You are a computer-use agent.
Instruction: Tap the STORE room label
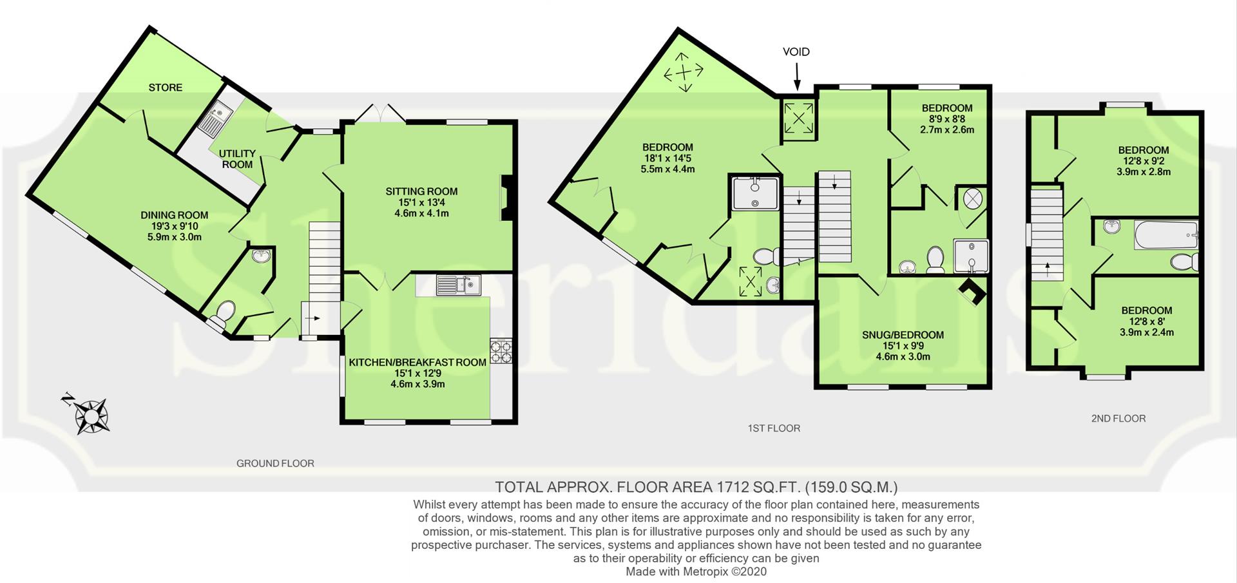(166, 88)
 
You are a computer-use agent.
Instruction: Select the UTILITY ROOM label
(237, 158)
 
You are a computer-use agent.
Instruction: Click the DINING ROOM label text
(175, 215)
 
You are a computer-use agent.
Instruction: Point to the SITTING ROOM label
(421, 191)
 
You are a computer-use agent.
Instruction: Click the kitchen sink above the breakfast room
(458, 285)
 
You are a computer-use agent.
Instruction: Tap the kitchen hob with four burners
(501, 351)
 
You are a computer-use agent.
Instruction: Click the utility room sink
(215, 119)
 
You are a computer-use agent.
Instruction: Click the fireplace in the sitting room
(507, 198)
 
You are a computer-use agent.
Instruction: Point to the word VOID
(796, 52)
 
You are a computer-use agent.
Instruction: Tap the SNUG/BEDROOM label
(903, 335)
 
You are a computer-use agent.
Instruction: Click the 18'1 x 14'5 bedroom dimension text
(667, 158)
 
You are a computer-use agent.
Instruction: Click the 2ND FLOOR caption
(1118, 419)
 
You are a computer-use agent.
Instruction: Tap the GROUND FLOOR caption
(275, 463)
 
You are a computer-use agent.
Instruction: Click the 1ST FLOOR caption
(774, 428)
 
